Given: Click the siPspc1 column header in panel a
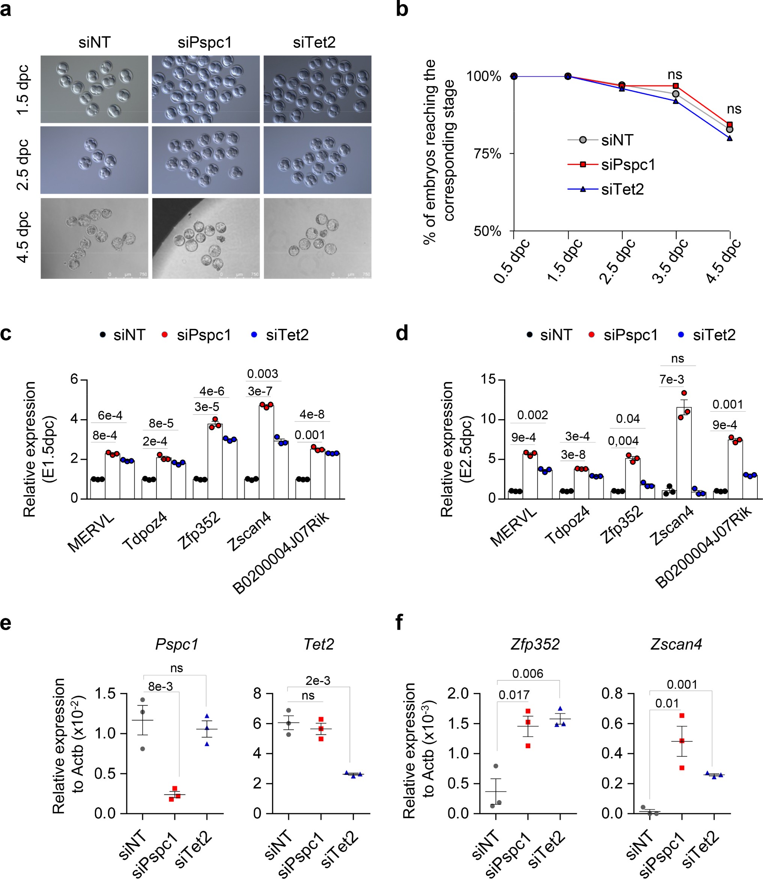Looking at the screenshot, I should tap(205, 42).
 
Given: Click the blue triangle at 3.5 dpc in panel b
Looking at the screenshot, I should tap(676, 101).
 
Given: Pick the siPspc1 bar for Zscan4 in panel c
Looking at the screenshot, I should tap(266, 452).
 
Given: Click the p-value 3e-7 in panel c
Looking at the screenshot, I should tap(260, 391).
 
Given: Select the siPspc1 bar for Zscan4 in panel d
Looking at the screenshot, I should tap(684, 453).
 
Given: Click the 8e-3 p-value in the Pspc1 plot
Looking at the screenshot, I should tap(161, 686).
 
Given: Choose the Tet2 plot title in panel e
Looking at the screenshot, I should tap(319, 644).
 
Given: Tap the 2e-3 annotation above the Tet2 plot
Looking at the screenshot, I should tap(318, 680).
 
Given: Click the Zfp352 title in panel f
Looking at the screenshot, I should tap(535, 644).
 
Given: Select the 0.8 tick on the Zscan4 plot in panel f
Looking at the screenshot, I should tap(612, 694).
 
